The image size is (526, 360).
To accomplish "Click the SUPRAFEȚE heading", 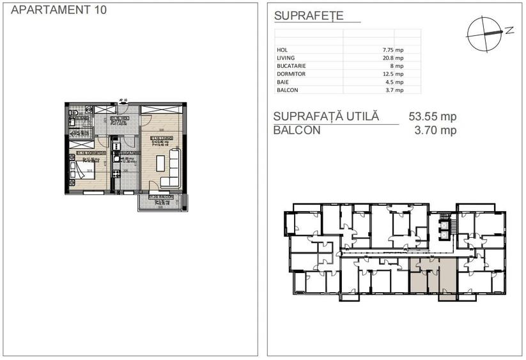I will [308, 17].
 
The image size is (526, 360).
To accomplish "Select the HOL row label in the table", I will [282, 49].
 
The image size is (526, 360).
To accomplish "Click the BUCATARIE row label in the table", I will [291, 66].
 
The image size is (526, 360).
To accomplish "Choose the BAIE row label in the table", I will [282, 82].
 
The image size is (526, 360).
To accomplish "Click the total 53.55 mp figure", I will [432, 117].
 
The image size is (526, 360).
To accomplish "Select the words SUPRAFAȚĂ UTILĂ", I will [326, 117].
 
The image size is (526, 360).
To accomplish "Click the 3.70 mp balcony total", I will [432, 130].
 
